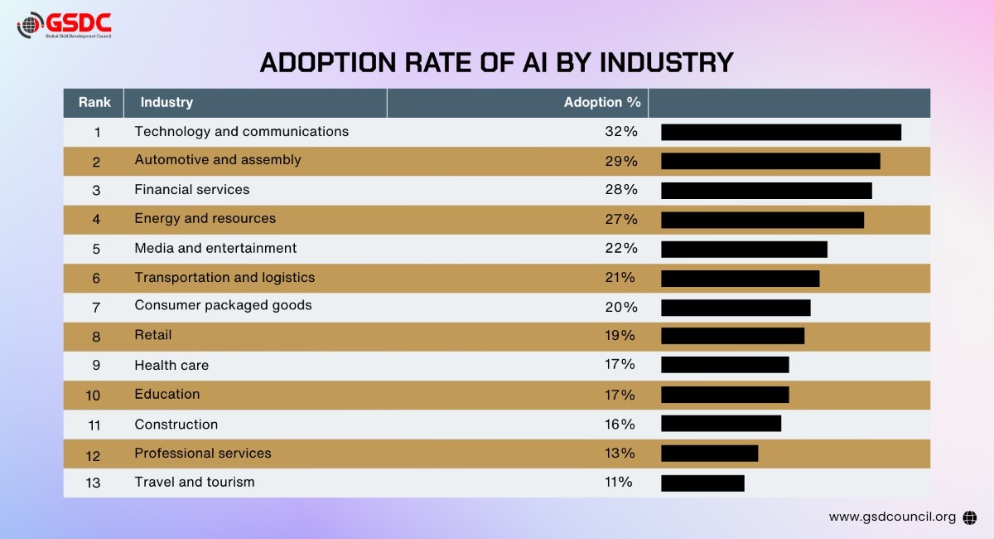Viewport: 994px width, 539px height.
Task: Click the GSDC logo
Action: coord(64,25)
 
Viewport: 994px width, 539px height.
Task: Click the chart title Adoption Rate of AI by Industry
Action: coord(497,62)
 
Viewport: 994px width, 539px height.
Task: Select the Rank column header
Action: coord(94,103)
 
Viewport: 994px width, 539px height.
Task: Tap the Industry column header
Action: coord(166,103)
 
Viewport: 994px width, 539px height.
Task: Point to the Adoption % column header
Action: coord(602,103)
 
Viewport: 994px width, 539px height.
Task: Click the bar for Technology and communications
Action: coord(780,132)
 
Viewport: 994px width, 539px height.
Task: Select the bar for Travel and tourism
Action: coord(702,483)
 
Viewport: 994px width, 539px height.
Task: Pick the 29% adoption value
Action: coord(620,161)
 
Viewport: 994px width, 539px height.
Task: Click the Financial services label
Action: coord(191,190)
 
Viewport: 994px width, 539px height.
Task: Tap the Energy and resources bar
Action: coord(762,220)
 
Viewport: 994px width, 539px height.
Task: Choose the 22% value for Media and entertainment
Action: coord(620,249)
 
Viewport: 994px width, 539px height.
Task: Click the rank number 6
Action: coord(96,278)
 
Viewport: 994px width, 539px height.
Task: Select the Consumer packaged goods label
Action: coord(223,305)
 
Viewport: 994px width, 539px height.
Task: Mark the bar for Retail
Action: coord(732,336)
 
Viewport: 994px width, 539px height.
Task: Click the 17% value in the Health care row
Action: coord(620,365)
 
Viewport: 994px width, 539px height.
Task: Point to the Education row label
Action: coord(166,395)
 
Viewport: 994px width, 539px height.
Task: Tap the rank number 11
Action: coord(94,425)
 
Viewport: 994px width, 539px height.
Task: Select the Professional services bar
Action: coord(709,454)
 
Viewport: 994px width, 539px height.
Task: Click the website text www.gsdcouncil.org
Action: coord(891,517)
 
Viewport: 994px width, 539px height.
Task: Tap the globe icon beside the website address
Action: coord(970,517)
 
